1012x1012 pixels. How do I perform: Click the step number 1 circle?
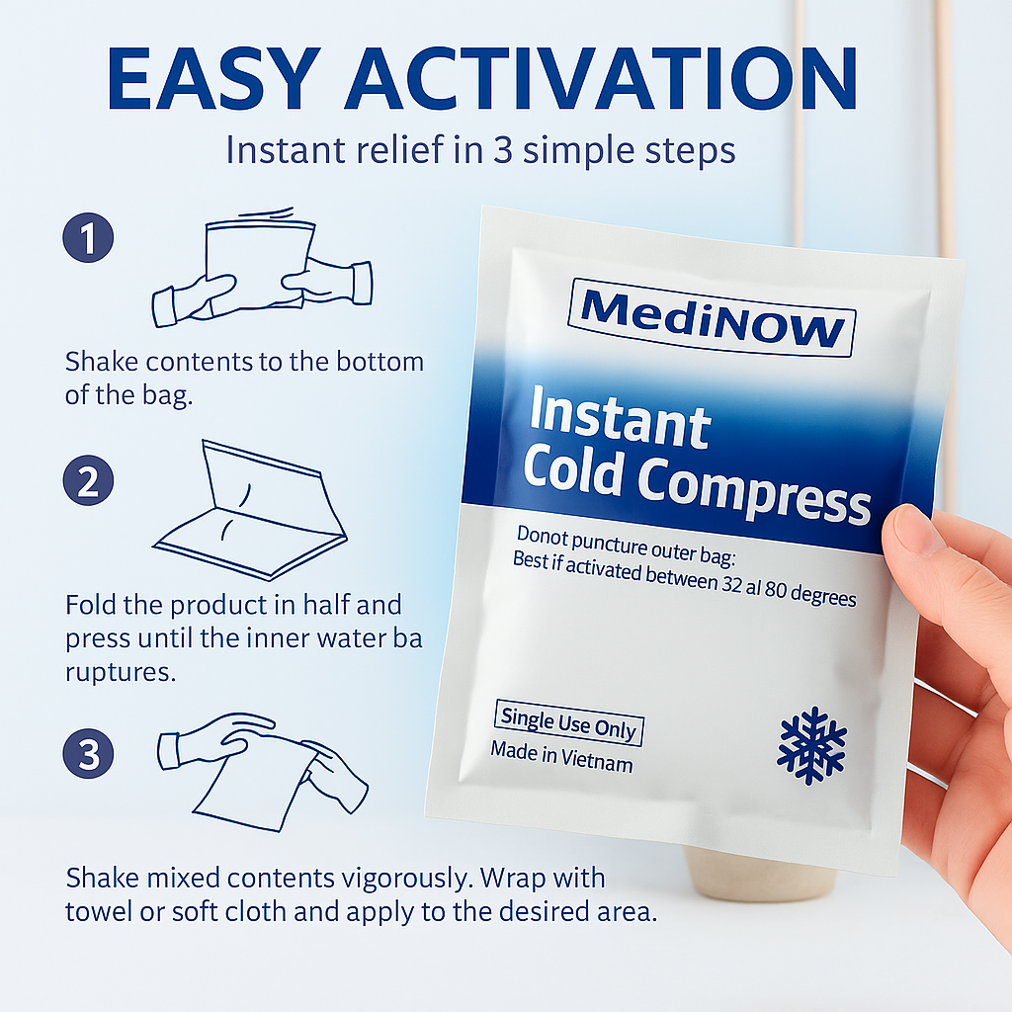tap(88, 239)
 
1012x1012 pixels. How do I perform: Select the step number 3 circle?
tap(88, 755)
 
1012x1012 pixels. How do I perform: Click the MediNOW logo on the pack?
tap(712, 316)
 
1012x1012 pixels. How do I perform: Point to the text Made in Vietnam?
tap(561, 758)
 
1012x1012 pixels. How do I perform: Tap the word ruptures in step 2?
tap(121, 672)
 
